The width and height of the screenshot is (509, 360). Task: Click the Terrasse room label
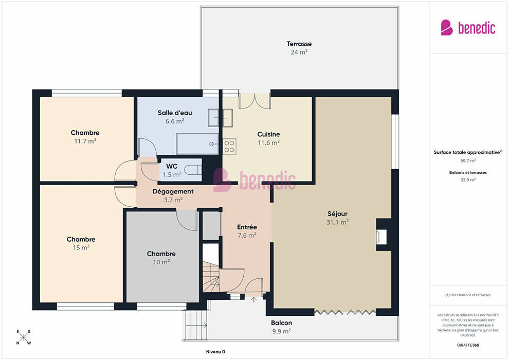(x=299, y=44)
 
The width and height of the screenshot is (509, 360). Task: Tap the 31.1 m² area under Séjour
(x=338, y=222)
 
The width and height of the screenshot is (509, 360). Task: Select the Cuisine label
(x=268, y=134)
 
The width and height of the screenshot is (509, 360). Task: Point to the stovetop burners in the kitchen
(x=229, y=147)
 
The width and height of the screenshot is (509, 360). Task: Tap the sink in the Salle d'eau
(x=221, y=118)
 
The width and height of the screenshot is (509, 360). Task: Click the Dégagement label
(x=173, y=191)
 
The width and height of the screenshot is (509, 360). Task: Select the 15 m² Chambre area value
(x=81, y=248)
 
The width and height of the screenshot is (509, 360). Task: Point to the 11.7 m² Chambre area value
(x=85, y=141)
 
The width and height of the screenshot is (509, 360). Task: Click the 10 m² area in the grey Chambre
(x=161, y=262)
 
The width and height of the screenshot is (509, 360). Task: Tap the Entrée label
(x=247, y=227)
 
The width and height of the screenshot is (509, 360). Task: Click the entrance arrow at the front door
(x=254, y=299)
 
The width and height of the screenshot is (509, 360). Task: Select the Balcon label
(x=281, y=322)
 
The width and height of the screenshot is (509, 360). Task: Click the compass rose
(x=23, y=337)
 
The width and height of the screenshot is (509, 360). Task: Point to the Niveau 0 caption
(x=215, y=352)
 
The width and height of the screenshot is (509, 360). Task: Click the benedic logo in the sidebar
(x=468, y=28)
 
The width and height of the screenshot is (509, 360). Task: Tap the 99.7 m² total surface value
(x=468, y=160)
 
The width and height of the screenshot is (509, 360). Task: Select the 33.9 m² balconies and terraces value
(x=468, y=179)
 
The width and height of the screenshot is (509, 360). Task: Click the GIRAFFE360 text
(x=468, y=345)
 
